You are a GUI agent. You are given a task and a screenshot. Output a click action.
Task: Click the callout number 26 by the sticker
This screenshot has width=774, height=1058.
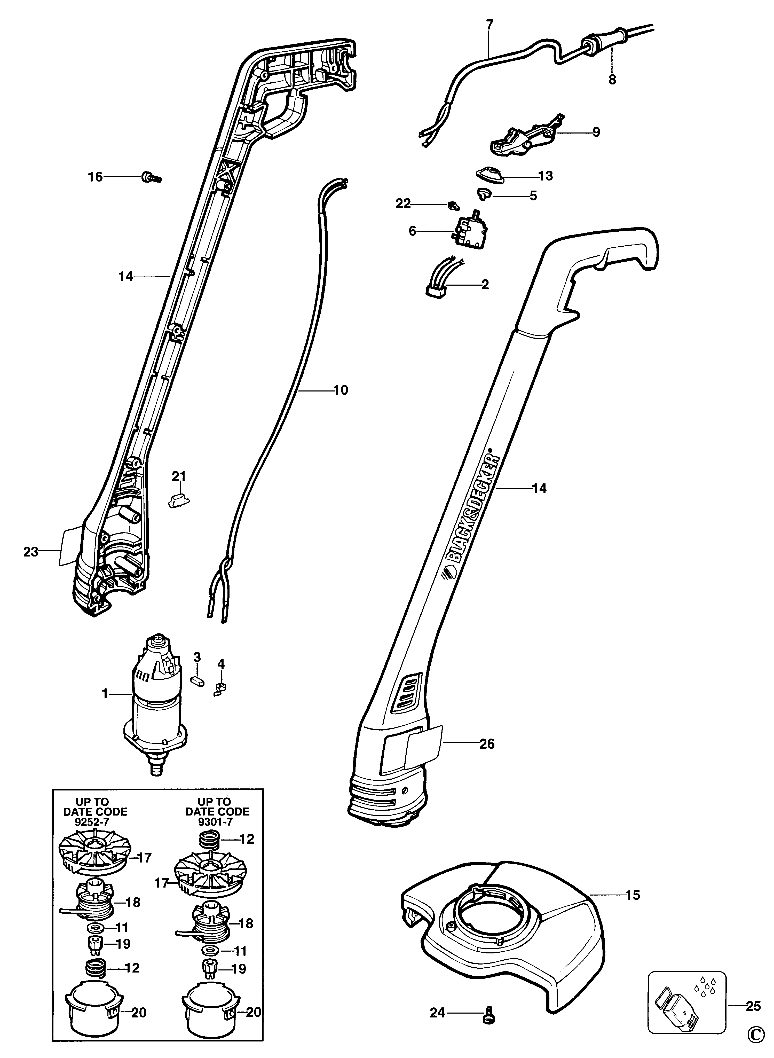tap(487, 744)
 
